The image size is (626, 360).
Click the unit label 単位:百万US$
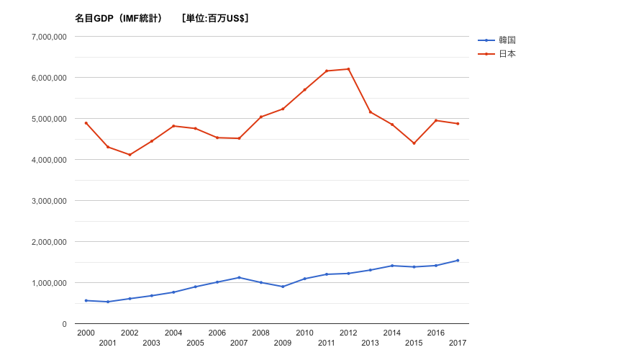216,18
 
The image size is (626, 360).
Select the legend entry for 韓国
507,40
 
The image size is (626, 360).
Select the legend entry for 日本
507,54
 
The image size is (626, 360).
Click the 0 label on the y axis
64,324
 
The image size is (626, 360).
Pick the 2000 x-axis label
86,333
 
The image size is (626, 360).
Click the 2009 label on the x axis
283,343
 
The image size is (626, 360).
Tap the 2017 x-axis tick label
458,343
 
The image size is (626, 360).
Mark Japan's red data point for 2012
348,69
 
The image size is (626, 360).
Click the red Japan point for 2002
130,155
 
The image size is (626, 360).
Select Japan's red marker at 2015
414,143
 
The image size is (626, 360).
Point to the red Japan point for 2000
86,123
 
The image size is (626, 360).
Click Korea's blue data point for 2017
458,261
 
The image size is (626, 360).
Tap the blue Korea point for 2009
283,287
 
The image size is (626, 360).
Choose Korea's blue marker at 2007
239,277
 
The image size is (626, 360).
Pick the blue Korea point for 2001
108,302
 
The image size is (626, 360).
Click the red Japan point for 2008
260,117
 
